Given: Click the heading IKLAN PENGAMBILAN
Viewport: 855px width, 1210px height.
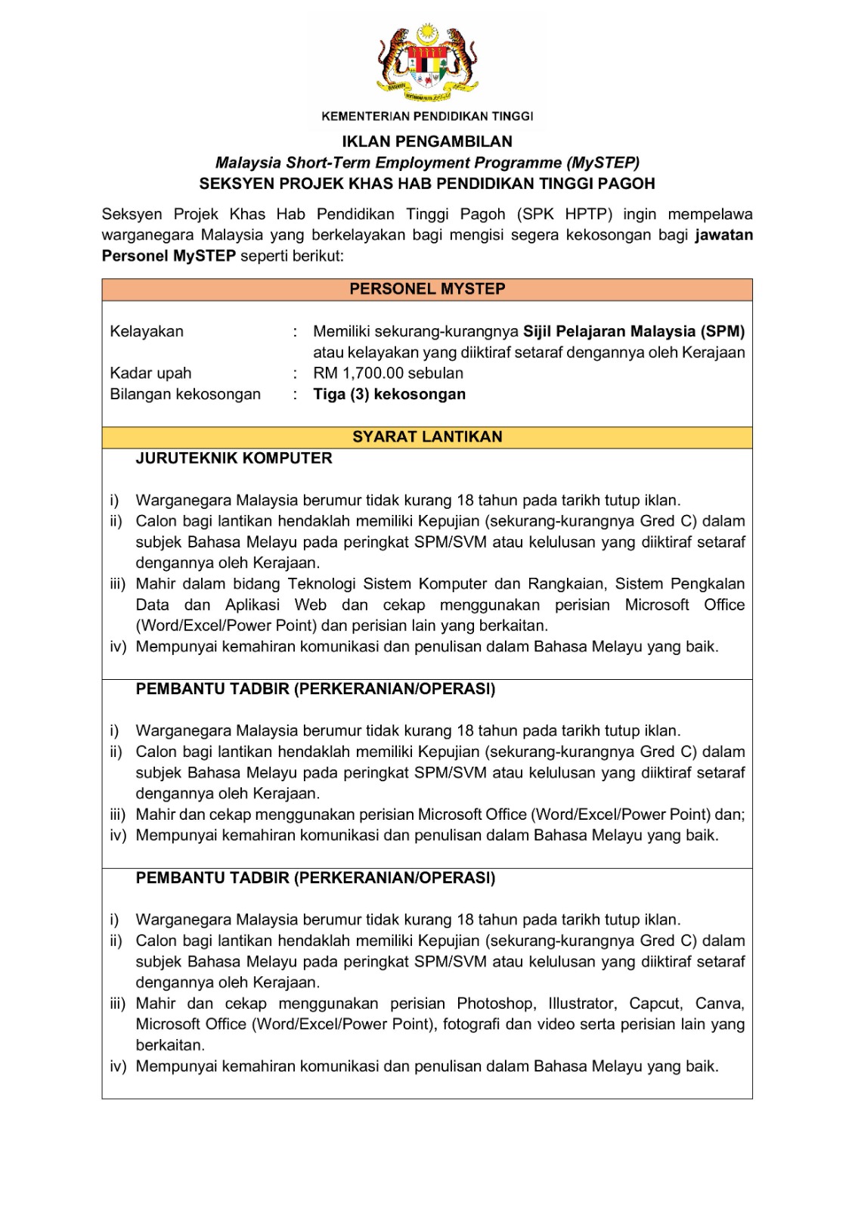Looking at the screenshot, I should point(427,141).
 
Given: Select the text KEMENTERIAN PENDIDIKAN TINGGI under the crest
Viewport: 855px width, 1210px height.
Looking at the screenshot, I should point(427,116).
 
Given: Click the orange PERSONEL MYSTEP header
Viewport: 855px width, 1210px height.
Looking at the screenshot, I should point(427,289).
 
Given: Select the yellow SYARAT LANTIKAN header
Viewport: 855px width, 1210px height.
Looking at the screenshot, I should point(427,436).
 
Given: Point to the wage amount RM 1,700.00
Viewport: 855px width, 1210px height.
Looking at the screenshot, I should point(359,373).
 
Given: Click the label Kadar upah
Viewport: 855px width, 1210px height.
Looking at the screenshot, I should point(150,373).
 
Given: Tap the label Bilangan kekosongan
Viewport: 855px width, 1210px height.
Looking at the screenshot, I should point(185,394).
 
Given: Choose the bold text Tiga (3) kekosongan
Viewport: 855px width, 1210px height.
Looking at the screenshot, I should point(389,394).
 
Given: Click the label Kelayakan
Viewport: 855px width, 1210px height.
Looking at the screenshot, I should point(147,331).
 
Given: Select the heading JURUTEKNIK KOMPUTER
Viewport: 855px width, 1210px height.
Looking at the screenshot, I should point(234,458).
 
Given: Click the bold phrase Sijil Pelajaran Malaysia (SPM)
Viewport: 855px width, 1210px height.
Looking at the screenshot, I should point(634,331).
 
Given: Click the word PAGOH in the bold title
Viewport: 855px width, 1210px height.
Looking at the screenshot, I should point(627,184).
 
